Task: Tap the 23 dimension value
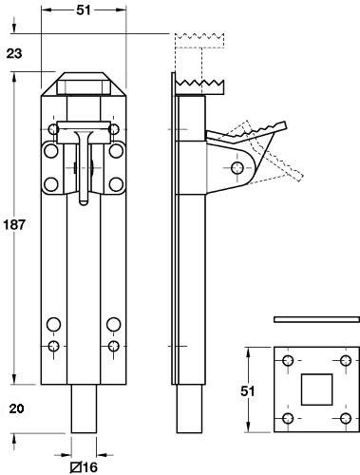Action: (x=13, y=54)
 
